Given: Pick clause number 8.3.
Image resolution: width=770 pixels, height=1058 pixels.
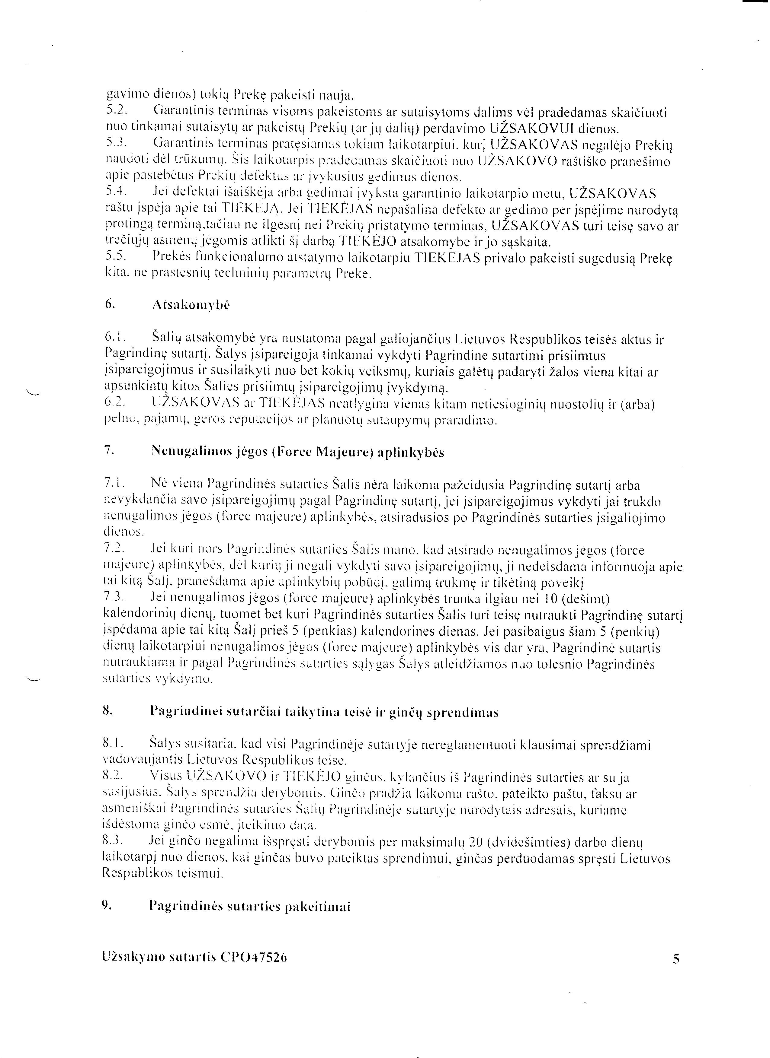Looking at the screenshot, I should pyautogui.click(x=112, y=840).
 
